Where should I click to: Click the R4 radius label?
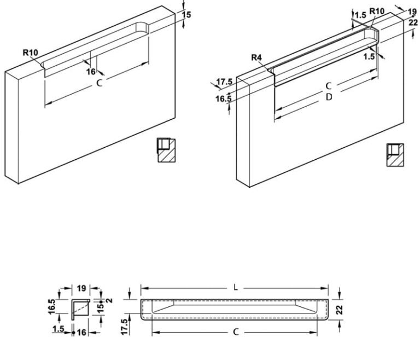[x=256, y=57]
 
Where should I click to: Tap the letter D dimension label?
[x=329, y=97]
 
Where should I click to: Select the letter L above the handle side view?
[x=236, y=288]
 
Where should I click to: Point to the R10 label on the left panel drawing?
[x=30, y=53]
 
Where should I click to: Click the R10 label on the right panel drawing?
[x=377, y=11]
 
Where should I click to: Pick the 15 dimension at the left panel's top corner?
[x=186, y=15]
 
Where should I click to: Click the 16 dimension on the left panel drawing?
[x=91, y=72]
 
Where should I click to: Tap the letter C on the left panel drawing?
[x=100, y=83]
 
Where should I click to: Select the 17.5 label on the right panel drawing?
[x=224, y=82]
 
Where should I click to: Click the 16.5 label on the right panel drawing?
[x=224, y=99]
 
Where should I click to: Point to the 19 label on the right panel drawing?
[x=412, y=12]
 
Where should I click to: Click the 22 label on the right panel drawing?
[x=413, y=22]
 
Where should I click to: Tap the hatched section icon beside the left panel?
[x=166, y=150]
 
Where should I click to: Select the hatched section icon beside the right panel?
[x=395, y=155]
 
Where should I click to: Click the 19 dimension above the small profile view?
[x=81, y=288]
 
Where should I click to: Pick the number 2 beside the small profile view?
[x=109, y=300]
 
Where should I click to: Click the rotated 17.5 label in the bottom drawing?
[x=125, y=327]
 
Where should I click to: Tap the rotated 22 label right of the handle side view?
[x=339, y=310]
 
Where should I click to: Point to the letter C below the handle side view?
[x=236, y=332]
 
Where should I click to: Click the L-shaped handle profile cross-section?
[x=80, y=310]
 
